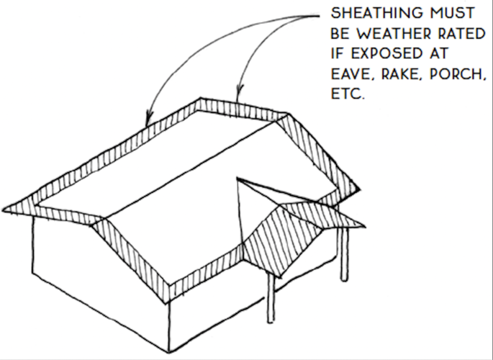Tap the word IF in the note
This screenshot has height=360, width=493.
(338, 54)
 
